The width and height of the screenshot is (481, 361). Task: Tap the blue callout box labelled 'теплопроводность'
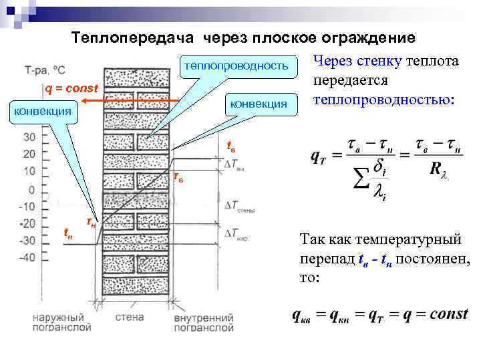[x=236, y=66]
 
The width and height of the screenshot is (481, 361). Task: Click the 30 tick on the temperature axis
[x=29, y=136]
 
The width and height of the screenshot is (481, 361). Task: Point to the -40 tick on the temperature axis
[x=27, y=257]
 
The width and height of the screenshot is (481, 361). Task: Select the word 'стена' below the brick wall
[x=130, y=318]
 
